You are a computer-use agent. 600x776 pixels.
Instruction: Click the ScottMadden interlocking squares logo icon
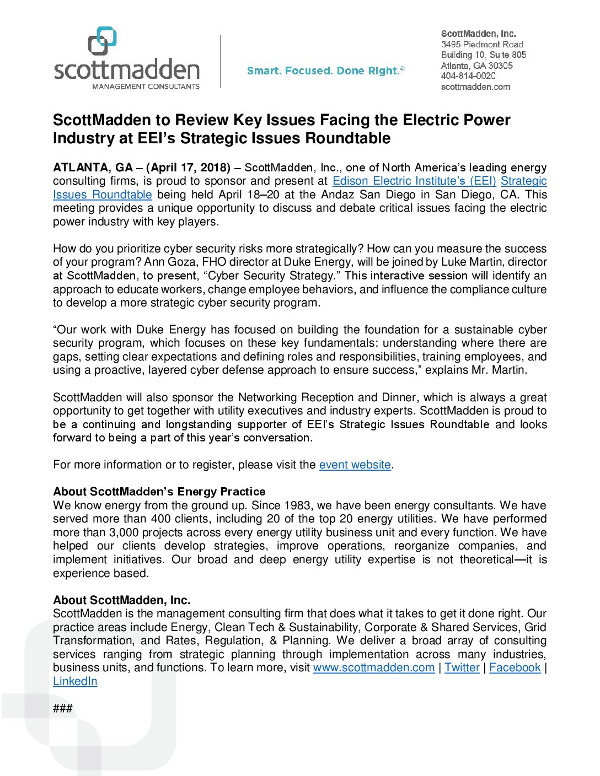(x=103, y=41)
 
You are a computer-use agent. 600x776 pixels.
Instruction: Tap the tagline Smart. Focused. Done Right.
(x=325, y=71)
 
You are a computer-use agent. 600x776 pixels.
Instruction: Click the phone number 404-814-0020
(x=468, y=76)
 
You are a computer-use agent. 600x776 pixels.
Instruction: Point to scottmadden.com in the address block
(x=475, y=87)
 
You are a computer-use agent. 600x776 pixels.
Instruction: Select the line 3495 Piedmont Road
(x=481, y=44)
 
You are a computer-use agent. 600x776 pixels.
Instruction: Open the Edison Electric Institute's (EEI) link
(x=414, y=181)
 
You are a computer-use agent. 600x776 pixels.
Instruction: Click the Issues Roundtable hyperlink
(x=102, y=195)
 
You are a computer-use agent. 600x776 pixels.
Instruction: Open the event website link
(x=355, y=465)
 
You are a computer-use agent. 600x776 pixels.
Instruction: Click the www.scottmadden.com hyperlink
(x=374, y=667)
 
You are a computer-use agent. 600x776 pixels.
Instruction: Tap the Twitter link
(x=462, y=667)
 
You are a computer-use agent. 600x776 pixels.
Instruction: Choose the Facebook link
(x=515, y=667)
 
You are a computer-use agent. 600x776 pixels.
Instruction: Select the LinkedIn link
(x=75, y=681)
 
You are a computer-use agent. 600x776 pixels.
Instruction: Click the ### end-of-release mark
(x=63, y=708)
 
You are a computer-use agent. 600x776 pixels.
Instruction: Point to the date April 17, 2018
(x=187, y=168)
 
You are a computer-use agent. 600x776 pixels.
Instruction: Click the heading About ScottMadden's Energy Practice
(x=159, y=492)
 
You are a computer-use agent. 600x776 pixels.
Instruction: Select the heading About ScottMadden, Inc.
(x=121, y=600)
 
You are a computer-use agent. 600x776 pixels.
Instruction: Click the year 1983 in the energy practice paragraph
(x=297, y=505)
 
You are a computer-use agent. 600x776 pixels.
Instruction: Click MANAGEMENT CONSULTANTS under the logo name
(x=146, y=87)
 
